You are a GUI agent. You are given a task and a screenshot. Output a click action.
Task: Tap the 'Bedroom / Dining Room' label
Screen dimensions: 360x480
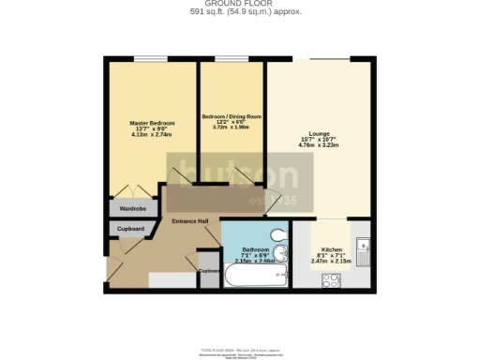(x=232, y=116)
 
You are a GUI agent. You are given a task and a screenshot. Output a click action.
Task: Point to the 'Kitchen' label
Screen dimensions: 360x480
(x=332, y=248)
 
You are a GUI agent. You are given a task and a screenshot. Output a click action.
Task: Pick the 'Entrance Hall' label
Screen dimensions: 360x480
(x=189, y=221)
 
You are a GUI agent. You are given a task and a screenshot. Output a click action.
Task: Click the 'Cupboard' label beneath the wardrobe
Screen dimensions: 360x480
(x=130, y=228)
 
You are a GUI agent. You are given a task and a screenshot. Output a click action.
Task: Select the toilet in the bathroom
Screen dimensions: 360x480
(x=277, y=235)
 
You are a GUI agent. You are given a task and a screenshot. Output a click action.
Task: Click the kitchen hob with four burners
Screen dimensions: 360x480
(x=331, y=277)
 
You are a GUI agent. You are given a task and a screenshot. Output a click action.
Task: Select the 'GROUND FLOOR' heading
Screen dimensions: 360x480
(x=240, y=4)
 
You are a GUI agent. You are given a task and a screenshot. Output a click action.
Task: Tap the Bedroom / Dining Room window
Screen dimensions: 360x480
(x=232, y=59)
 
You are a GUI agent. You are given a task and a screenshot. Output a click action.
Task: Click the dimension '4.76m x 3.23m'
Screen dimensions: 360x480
(x=305, y=146)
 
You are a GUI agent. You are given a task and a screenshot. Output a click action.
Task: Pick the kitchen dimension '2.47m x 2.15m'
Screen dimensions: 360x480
(x=332, y=261)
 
